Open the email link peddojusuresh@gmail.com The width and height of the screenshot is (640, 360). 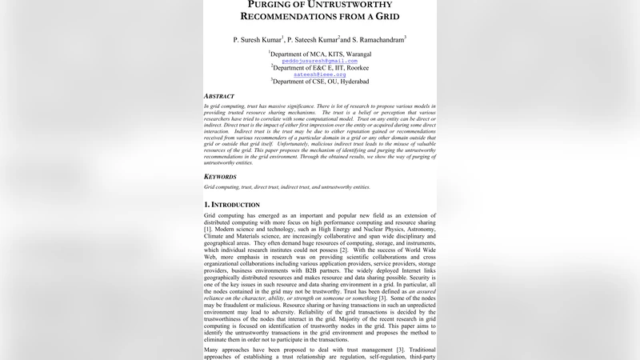coord(320,61)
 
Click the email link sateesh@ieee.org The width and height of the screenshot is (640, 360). coord(320,74)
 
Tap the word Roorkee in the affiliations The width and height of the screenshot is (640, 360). coord(354,68)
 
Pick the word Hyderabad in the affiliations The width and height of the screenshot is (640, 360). coord(353,81)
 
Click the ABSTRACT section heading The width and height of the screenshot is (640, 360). coord(219,96)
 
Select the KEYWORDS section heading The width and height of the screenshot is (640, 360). coord(220,177)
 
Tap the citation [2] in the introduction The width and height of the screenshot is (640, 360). coord(343,250)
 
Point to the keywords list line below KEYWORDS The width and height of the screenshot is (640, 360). coord(287,187)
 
